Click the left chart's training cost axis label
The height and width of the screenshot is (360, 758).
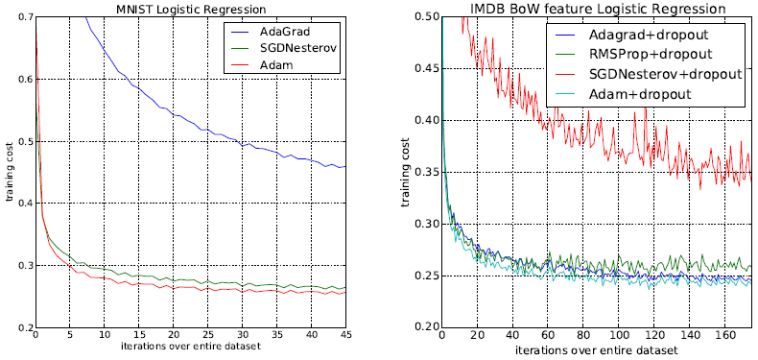click(9, 173)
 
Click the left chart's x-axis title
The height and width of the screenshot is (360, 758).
click(189, 348)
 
